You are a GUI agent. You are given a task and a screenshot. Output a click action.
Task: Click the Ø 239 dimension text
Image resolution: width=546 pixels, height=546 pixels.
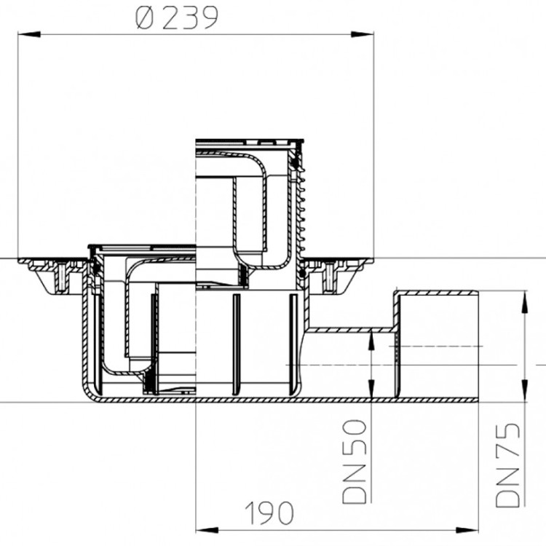tap(177, 18)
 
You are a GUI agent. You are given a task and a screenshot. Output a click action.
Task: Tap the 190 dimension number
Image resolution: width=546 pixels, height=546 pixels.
tap(269, 513)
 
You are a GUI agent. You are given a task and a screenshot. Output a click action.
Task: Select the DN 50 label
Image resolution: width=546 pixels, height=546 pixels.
tap(355, 462)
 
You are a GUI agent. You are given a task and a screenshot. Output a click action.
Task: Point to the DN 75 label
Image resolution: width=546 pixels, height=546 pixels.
tap(507, 465)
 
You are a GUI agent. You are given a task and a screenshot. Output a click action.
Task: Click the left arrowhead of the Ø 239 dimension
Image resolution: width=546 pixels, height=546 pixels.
tap(28, 34)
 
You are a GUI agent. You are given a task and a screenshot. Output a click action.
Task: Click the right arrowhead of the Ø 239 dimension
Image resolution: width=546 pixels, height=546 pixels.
tap(363, 34)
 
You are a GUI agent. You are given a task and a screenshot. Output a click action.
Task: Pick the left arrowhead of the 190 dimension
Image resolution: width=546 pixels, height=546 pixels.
tap(207, 530)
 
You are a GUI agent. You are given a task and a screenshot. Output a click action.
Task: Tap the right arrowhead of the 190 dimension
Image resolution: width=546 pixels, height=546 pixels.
tap(467, 530)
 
